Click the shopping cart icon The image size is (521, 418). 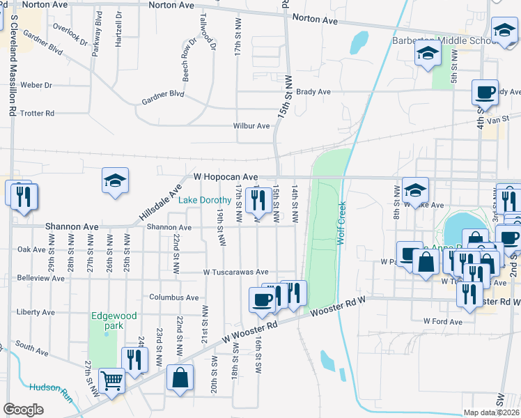pyautogui.click(x=111, y=381)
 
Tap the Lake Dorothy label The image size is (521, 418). pyautogui.click(x=205, y=201)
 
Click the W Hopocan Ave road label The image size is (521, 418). pyautogui.click(x=226, y=178)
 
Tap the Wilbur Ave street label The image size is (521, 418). pyautogui.click(x=251, y=126)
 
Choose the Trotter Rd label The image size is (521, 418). pyautogui.click(x=38, y=113)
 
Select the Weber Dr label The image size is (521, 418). pyautogui.click(x=37, y=85)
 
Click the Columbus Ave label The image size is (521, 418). pyautogui.click(x=170, y=297)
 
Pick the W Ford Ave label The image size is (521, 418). pyautogui.click(x=442, y=322)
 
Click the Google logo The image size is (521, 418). pyautogui.click(x=24, y=410)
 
